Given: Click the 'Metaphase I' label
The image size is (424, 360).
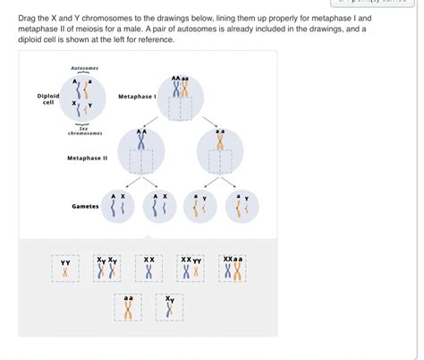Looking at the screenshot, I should tap(137, 97).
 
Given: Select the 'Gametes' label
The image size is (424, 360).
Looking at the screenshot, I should tap(85, 206).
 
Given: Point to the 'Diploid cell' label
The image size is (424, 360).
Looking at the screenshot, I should tap(48, 99).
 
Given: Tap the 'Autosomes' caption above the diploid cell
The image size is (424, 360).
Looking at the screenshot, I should tap(84, 69).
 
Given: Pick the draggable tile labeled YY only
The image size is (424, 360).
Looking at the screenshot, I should tap(65, 268).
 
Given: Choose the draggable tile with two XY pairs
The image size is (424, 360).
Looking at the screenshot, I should tap(107, 268).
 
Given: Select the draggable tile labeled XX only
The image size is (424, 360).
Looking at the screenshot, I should tap(149, 268).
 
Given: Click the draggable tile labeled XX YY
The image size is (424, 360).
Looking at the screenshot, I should tap(191, 268).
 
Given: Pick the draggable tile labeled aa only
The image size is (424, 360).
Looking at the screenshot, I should tap(128, 307).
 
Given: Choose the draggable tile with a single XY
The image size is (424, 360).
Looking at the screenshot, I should tap(170, 307).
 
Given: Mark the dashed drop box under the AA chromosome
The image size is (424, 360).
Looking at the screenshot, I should tap(141, 162).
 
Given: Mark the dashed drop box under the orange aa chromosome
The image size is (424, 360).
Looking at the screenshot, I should tap(220, 162).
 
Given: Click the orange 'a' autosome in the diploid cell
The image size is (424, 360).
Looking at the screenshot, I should tap(91, 90).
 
